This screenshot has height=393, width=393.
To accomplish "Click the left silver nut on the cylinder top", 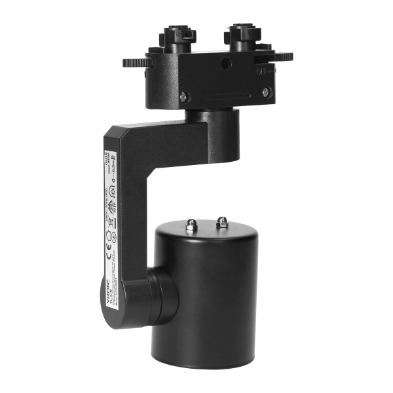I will click(x=192, y=225).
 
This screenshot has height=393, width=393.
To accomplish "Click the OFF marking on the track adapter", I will click(x=265, y=71).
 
